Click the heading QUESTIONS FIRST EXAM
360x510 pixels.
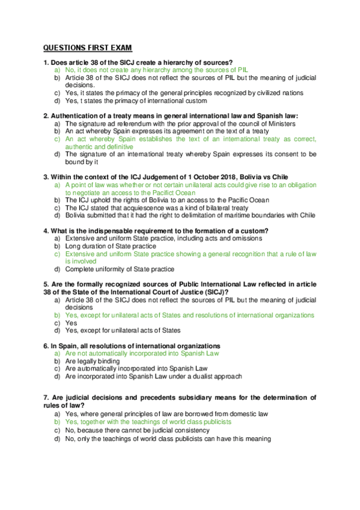(87, 48)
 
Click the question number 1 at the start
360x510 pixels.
(46, 63)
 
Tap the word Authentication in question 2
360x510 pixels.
(78, 115)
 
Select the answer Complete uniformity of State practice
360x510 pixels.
(120, 269)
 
